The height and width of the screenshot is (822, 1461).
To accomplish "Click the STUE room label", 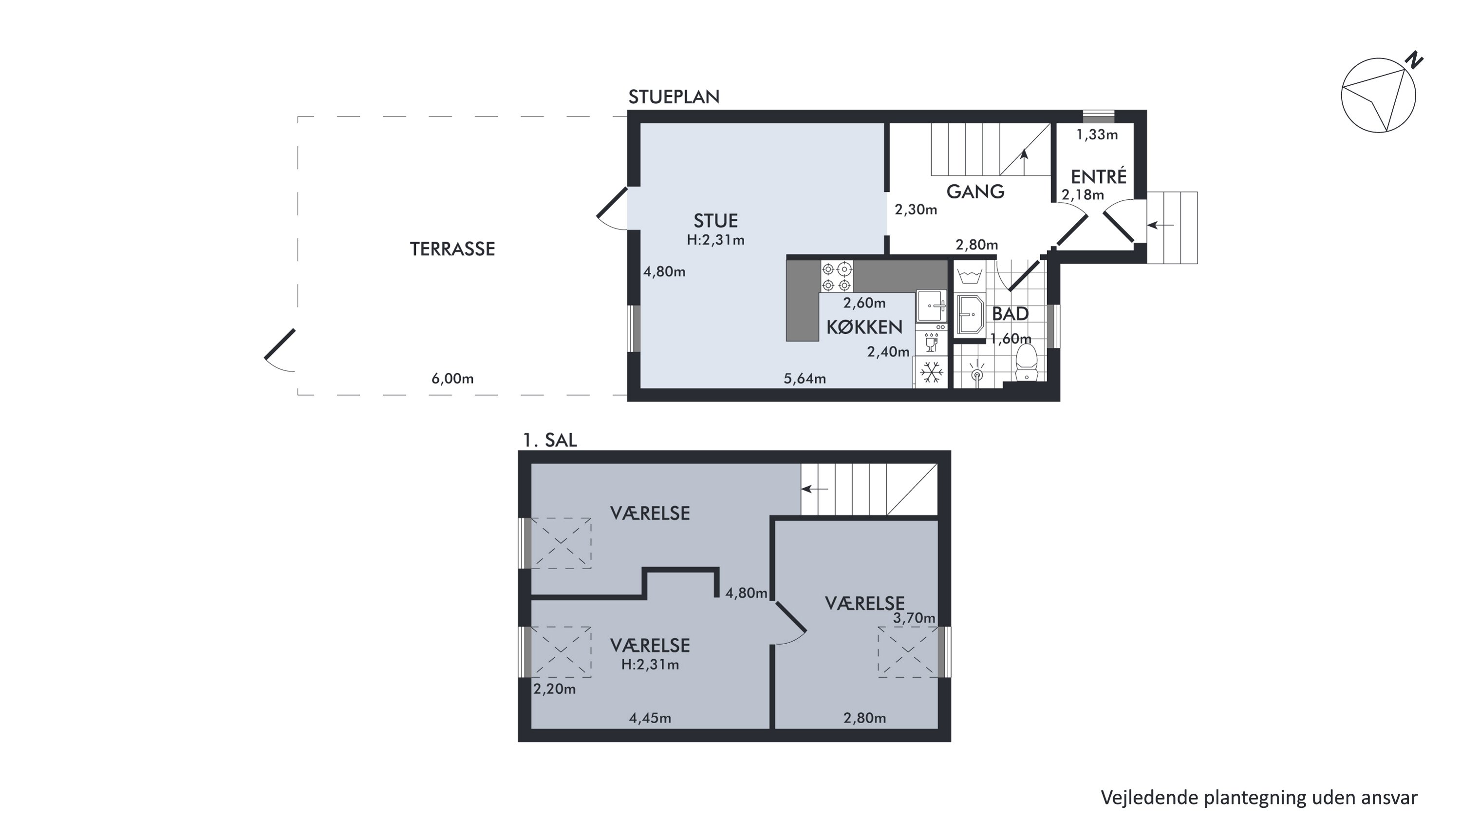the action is pos(715,221).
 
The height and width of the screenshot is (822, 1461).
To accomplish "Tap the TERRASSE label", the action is pos(452,249).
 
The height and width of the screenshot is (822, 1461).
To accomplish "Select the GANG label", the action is pos(975,192).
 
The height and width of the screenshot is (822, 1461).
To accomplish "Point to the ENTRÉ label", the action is pos(1099,176).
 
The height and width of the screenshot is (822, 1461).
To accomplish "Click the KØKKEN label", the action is pos(864,327).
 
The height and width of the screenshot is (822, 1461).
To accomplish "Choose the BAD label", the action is pos(1010,314).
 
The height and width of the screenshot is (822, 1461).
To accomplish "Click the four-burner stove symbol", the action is pos(837,276).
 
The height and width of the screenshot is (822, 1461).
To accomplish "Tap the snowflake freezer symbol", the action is pos(931,373).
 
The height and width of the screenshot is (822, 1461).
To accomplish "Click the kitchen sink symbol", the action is pos(931,306).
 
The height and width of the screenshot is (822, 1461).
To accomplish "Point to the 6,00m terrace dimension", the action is pos(452,379).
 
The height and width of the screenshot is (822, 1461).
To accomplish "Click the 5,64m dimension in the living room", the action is pos(804,379).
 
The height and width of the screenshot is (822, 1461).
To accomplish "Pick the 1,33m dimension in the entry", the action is pos(1096,134).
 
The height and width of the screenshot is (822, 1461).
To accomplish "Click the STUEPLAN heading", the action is pos(674,97).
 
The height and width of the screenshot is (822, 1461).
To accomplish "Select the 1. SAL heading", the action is pos(549,440).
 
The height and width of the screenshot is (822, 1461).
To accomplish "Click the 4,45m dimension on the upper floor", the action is pos(650,718).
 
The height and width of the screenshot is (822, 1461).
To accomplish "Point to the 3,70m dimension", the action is pos(914,618).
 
